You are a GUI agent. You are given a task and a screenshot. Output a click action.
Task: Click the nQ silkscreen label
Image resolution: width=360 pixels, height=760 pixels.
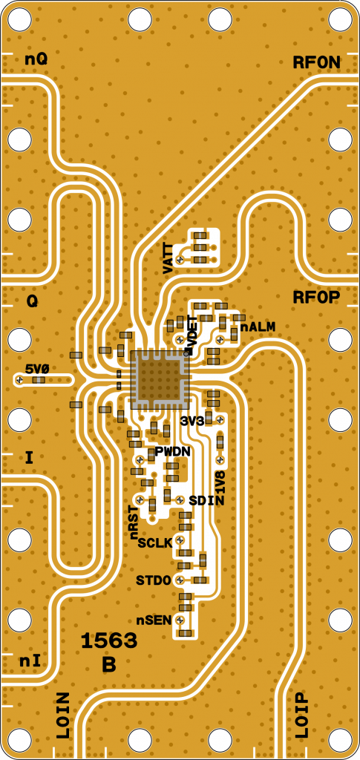point(36,60)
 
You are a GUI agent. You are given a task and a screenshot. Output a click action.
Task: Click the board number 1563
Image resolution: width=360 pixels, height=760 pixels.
point(108,642)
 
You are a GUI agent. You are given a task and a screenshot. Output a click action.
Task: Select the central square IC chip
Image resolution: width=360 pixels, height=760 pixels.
point(160,379)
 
